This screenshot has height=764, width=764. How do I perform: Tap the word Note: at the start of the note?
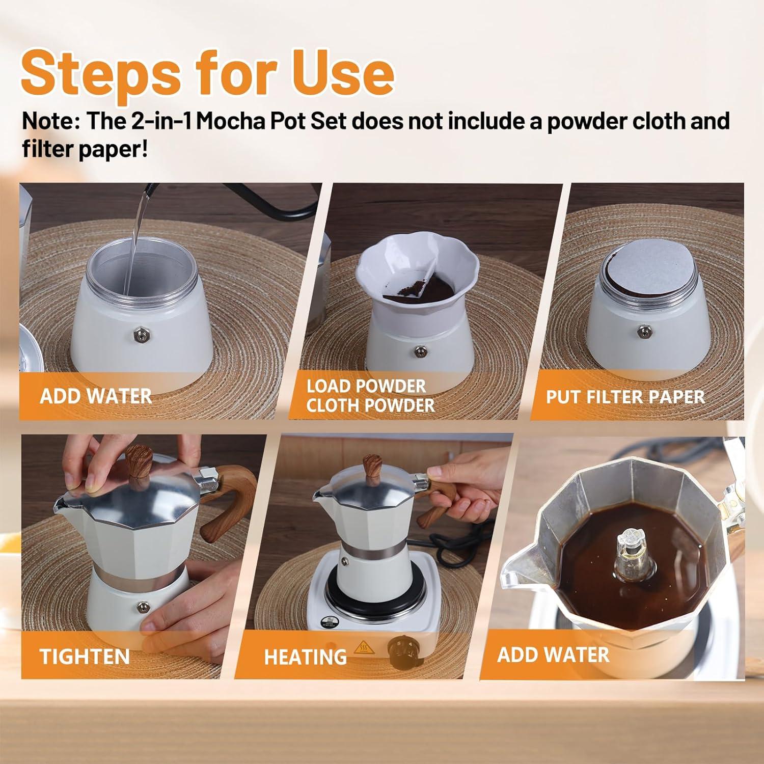[x=50, y=122]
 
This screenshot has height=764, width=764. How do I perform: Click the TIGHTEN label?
[x=85, y=656]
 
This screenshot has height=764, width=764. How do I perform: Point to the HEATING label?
[x=305, y=657]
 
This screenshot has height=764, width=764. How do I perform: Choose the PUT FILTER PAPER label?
[x=625, y=397]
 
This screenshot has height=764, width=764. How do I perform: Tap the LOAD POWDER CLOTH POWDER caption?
[x=370, y=396]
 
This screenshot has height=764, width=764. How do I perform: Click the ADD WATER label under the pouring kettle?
[x=96, y=396]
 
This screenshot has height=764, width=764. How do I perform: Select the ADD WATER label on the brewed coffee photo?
[x=553, y=654]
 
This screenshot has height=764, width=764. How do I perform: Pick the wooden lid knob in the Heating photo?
[x=372, y=471]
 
